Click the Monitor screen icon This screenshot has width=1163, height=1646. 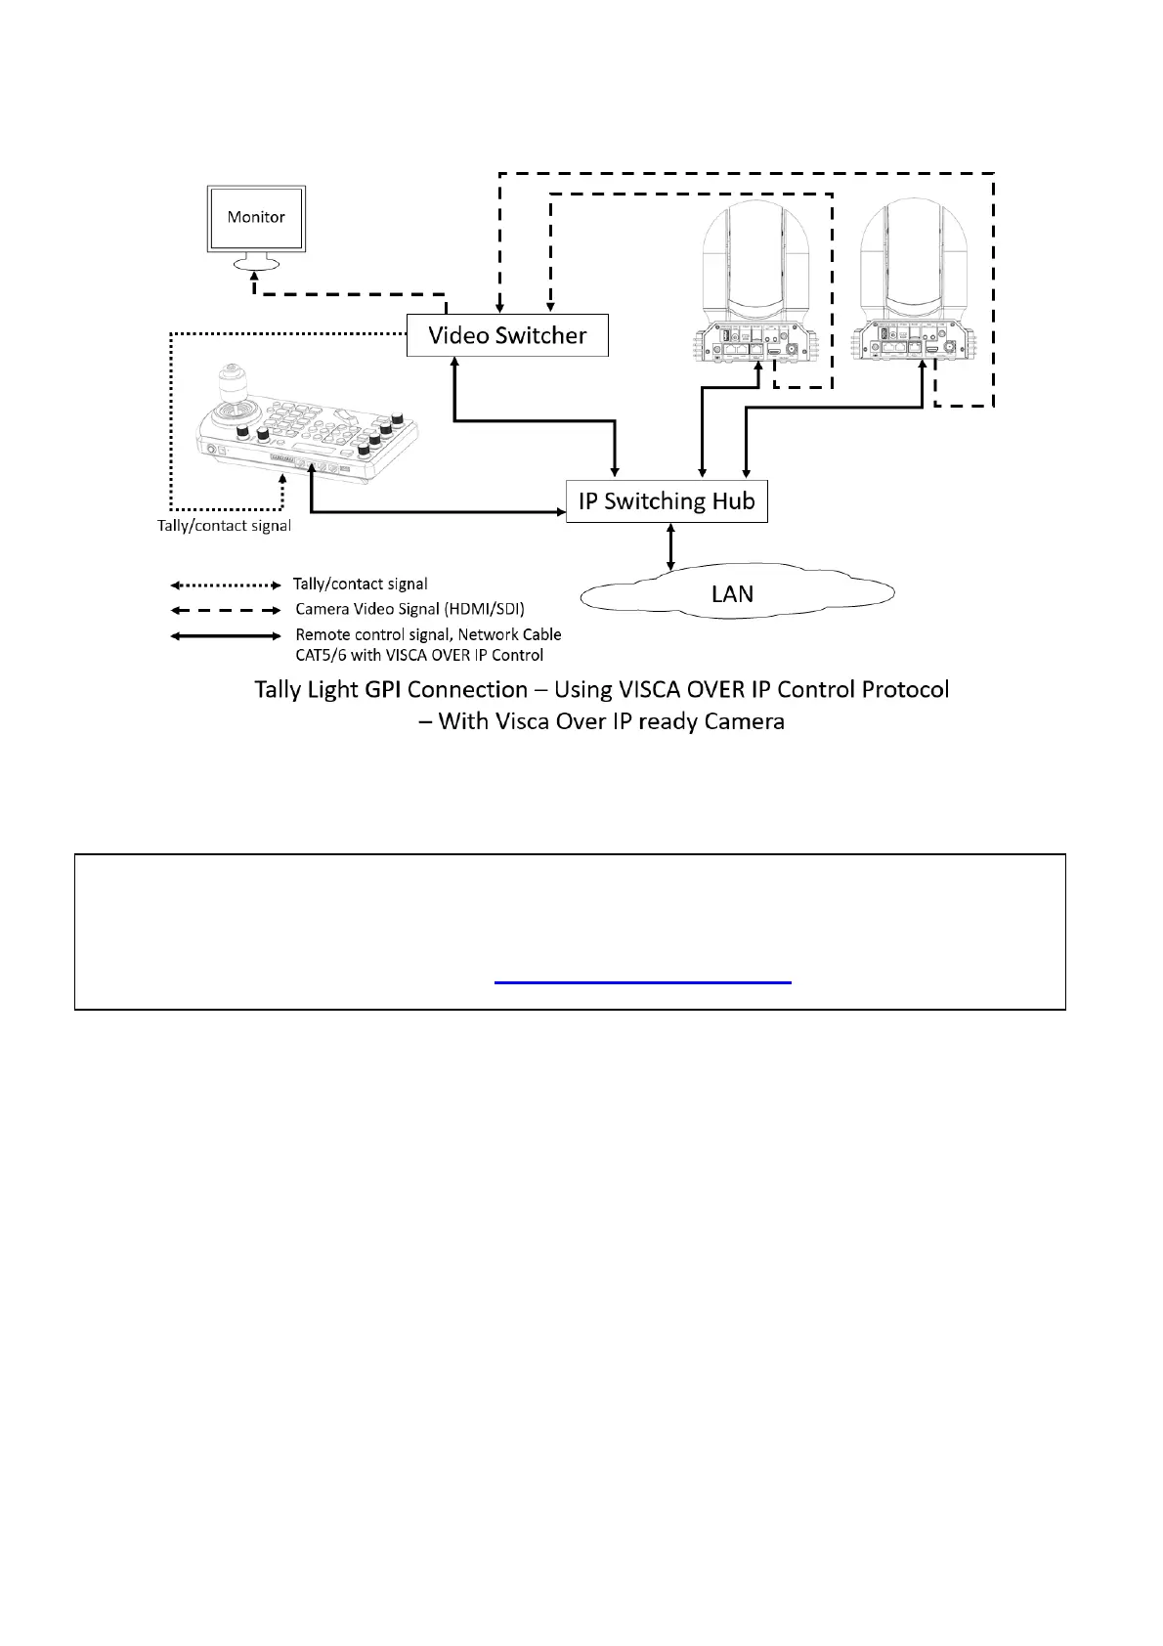[256, 218]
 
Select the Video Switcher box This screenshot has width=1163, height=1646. [507, 335]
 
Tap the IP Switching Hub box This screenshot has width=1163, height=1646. [667, 501]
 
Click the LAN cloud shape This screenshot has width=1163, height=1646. [733, 593]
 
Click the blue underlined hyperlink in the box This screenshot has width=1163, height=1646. [642, 979]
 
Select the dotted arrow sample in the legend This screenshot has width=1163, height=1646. [226, 585]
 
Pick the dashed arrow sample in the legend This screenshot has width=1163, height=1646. [226, 610]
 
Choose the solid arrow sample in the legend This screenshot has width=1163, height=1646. [226, 635]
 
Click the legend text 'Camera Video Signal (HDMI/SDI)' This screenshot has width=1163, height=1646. [410, 609]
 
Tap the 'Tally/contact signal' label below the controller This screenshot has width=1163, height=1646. [224, 526]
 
